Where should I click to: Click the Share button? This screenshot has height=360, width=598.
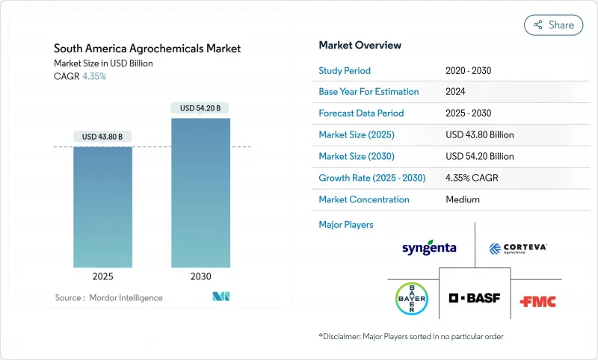553,25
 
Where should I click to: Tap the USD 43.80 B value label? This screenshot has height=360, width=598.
102,137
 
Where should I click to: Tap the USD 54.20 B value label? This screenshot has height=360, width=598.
200,108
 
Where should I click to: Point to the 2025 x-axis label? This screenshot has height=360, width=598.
102,276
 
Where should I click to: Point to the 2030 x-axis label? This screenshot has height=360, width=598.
200,276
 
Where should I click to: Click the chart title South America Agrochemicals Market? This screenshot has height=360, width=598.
148,49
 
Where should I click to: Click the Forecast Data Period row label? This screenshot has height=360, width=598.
361,114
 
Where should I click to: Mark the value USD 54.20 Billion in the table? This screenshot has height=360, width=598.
479,157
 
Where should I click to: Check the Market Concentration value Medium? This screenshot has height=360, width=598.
462,199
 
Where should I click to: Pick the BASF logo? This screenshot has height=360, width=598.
475,298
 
